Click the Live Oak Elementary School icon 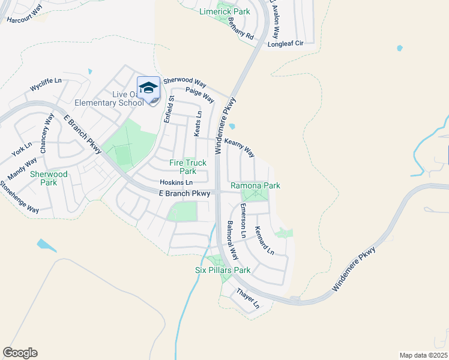[x=148, y=88]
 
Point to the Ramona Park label [x=255, y=186]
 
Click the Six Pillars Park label [x=223, y=271]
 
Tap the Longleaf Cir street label [x=286, y=44]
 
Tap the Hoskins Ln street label [x=176, y=182]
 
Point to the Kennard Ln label [x=264, y=240]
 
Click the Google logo [x=20, y=353]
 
